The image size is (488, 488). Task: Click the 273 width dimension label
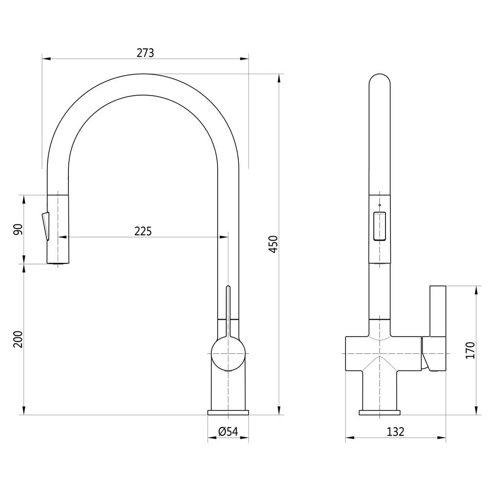click(145, 53)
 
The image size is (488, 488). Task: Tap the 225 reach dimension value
click(143, 231)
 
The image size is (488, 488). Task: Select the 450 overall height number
click(273, 244)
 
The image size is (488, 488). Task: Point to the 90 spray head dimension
click(18, 229)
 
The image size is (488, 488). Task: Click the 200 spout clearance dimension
click(18, 339)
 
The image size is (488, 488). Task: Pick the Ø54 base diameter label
click(228, 431)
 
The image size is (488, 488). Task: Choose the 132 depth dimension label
click(396, 432)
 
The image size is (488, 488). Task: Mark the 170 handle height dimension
click(470, 350)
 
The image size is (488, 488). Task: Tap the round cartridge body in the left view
click(228, 354)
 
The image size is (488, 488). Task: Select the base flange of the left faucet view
click(228, 412)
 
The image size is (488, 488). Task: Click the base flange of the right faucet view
click(379, 413)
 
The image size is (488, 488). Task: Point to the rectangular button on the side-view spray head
click(379, 226)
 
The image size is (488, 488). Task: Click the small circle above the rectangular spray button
click(379, 205)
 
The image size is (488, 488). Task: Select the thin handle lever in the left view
click(228, 311)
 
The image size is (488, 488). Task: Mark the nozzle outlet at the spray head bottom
click(58, 264)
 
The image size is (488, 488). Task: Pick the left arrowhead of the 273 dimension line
click(46, 59)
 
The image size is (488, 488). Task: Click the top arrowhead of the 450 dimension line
click(279, 78)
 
